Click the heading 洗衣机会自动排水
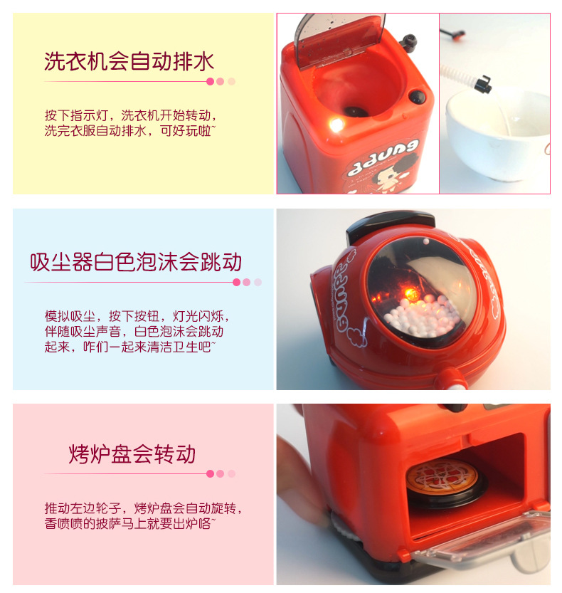(x=129, y=61)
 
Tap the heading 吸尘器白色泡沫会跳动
(x=136, y=262)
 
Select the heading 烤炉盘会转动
(x=132, y=454)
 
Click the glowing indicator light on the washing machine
(x=335, y=125)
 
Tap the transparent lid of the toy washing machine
(x=340, y=39)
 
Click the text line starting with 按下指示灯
(x=130, y=115)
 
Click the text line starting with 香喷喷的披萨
(x=130, y=524)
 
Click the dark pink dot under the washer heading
(x=210, y=81)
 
